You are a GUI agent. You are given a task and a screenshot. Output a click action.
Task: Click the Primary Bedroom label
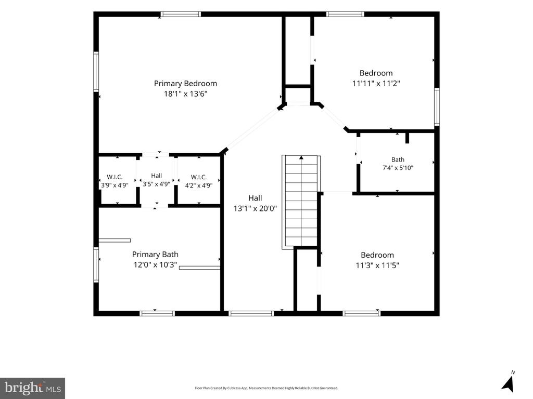185,84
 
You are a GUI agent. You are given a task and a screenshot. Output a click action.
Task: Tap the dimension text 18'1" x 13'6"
186,94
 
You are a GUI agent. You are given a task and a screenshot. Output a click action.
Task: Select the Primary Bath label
155,255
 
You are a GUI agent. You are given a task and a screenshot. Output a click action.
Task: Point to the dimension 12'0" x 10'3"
155,264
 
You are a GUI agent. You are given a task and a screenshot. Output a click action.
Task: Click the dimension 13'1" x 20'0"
255,208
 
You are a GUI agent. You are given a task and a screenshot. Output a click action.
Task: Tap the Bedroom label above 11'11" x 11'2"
376,73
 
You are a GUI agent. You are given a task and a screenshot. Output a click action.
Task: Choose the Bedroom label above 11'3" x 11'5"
377,255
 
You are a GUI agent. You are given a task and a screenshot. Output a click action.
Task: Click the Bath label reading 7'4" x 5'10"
398,159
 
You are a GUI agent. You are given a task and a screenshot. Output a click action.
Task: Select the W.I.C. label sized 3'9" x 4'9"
115,177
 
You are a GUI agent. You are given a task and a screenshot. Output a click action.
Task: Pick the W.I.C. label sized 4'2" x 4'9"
198,177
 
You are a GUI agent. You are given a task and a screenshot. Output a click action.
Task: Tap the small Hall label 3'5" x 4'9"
156,176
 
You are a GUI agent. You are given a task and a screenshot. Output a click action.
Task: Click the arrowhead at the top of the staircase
301,157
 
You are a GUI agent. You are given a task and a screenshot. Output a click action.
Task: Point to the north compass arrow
508,384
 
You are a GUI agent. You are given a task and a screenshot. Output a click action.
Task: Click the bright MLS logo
32,388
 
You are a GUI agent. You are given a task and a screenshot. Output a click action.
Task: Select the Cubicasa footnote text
266,388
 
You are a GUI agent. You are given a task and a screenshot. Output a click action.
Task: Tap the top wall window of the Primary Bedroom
181,14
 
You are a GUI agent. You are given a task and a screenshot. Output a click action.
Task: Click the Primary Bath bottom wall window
157,313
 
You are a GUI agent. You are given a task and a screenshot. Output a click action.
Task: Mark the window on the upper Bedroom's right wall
437,107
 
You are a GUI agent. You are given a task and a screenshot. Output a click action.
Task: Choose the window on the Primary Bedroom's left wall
96,72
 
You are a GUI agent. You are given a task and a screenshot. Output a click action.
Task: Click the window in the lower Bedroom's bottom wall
361,313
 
